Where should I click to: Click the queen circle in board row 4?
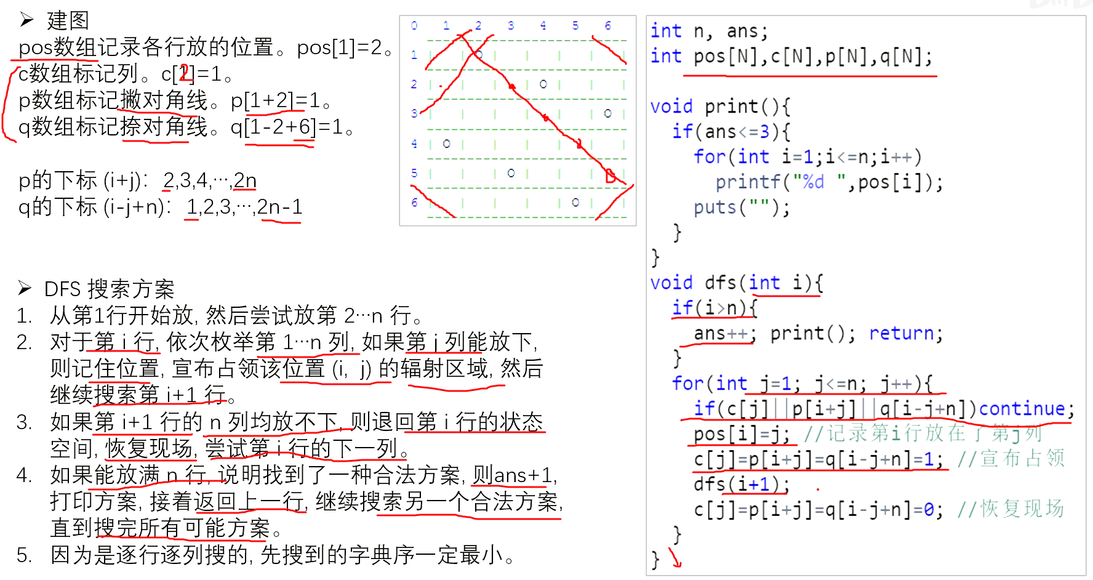[x=447, y=143]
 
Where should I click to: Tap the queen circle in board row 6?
[x=575, y=202]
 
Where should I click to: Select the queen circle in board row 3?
[x=607, y=113]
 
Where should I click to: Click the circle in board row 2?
[x=543, y=84]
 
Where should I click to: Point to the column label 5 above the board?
[x=575, y=25]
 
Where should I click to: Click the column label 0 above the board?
[x=414, y=25]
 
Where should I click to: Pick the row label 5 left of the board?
[x=414, y=173]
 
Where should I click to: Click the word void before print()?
[x=671, y=107]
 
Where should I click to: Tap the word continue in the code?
[x=1022, y=409]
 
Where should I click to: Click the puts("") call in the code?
[x=741, y=207]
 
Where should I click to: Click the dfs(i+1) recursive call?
[x=741, y=485]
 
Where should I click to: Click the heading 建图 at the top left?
[x=68, y=20]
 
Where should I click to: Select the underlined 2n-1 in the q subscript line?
[x=280, y=207]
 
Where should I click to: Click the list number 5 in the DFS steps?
[x=24, y=555]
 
